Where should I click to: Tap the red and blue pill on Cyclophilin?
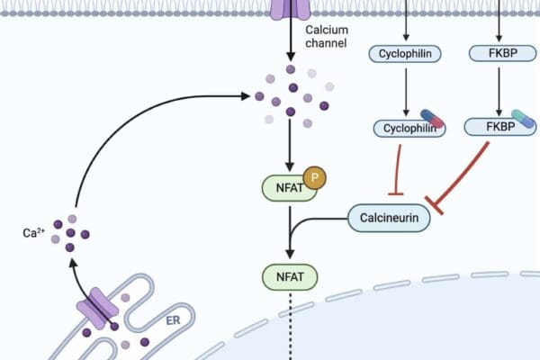pyautogui.click(x=432, y=118)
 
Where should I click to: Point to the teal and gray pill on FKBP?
pyautogui.click(x=521, y=119)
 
